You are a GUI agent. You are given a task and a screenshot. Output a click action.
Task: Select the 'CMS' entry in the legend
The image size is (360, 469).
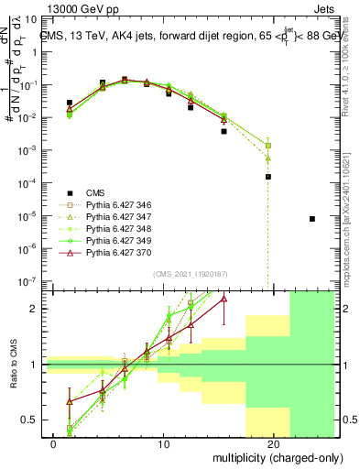96,193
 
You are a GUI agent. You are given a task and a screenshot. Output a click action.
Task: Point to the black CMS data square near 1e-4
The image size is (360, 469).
268,177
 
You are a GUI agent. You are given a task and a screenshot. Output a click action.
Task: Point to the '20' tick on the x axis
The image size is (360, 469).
273,443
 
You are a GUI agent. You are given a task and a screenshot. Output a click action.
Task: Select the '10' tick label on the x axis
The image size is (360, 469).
163,443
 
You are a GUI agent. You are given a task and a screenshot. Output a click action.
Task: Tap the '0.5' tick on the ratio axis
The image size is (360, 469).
33,420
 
